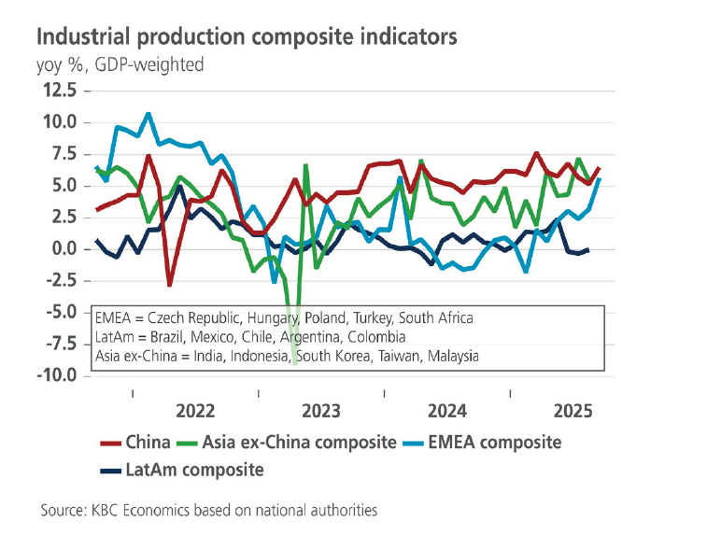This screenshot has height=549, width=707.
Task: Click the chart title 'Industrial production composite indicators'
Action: [246, 36]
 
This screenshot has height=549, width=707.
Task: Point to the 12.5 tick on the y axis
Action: [58, 90]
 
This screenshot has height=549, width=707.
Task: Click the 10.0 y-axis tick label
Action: [58, 122]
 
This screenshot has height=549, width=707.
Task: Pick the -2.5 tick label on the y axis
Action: [59, 281]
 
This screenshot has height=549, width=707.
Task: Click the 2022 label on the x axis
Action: [195, 410]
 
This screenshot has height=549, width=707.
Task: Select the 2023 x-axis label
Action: [321, 410]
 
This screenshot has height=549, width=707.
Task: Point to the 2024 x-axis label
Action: [447, 410]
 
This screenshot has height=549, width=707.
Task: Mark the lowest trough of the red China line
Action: [169, 285]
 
